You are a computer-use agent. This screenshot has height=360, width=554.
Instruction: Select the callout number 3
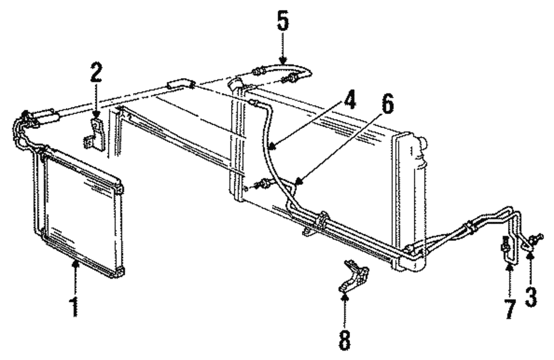531,297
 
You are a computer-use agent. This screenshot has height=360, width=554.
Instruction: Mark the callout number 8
345,341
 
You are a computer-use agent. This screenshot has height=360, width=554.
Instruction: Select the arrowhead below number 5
283,61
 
